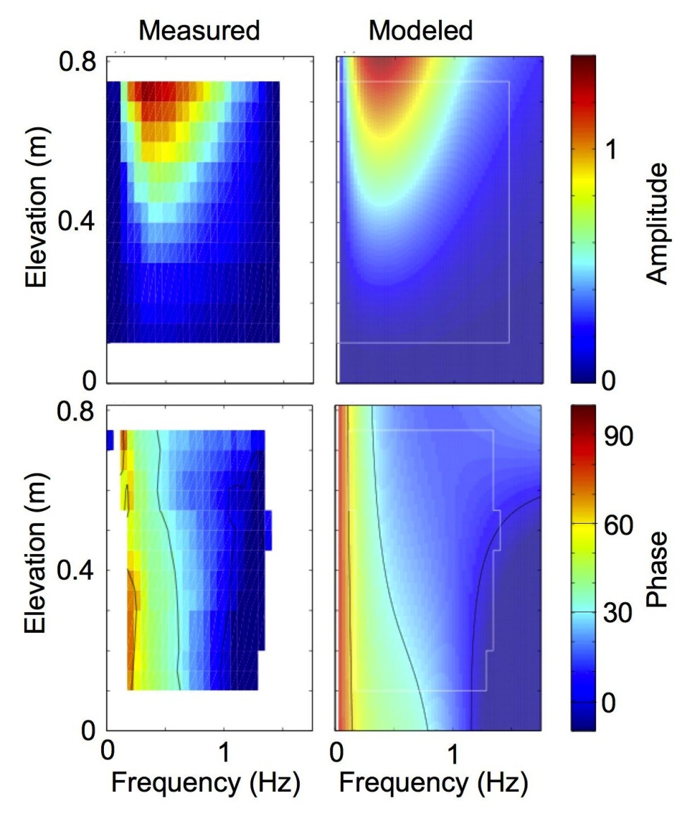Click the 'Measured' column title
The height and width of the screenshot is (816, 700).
[x=199, y=30]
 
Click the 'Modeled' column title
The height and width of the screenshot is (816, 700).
[x=421, y=30]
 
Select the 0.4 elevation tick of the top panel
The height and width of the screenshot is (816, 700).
[x=81, y=222]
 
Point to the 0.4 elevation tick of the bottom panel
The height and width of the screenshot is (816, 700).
[x=81, y=570]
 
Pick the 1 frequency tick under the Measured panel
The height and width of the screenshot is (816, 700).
[x=224, y=749]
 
